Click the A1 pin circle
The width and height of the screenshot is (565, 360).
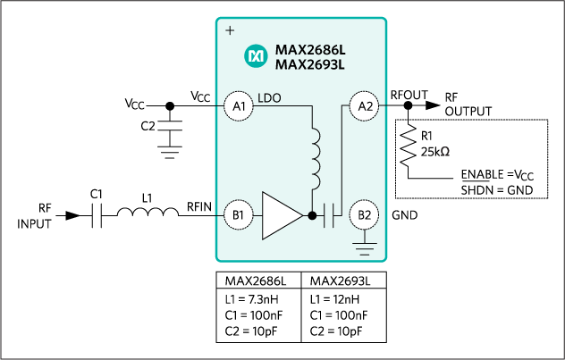click(239, 105)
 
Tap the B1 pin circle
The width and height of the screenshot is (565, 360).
click(239, 215)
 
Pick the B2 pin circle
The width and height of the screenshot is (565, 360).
click(365, 215)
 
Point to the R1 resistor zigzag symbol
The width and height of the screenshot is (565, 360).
click(408, 147)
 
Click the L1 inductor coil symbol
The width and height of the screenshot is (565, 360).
click(148, 214)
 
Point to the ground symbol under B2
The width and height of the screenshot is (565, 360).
click(365, 243)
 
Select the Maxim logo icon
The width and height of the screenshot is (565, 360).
click(255, 56)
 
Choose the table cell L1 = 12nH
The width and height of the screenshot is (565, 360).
click(328, 299)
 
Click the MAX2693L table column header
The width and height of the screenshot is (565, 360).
click(334, 280)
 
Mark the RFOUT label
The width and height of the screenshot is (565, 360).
click(409, 92)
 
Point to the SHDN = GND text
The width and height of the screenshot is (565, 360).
click(497, 189)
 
